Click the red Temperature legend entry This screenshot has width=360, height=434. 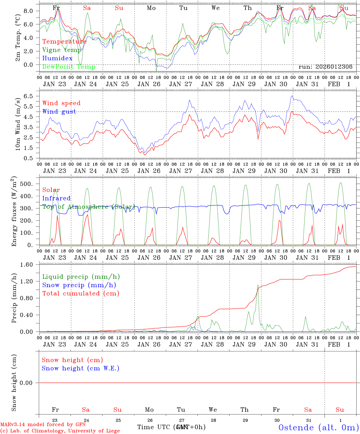[65, 42]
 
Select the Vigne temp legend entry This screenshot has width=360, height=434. [62, 50]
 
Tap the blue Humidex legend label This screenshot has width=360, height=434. [57, 58]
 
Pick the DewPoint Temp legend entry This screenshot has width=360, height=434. [69, 67]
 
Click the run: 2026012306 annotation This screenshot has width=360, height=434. [325, 67]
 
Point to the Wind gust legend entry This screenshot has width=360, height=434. [59, 112]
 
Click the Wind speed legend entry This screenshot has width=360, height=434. [62, 103]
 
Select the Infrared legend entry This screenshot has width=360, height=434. [56, 198]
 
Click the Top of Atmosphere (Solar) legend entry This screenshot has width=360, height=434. [88, 207]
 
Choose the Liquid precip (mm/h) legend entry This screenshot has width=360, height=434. [81, 277]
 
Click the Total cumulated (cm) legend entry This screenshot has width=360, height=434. [81, 294]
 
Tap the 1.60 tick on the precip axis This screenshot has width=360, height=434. [27, 265]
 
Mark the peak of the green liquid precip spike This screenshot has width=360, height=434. [258, 285]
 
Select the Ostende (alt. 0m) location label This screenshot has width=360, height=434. [319, 427]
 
